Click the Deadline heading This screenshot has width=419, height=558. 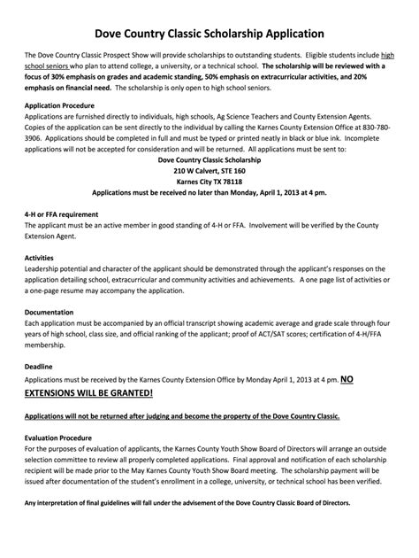click(x=40, y=366)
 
